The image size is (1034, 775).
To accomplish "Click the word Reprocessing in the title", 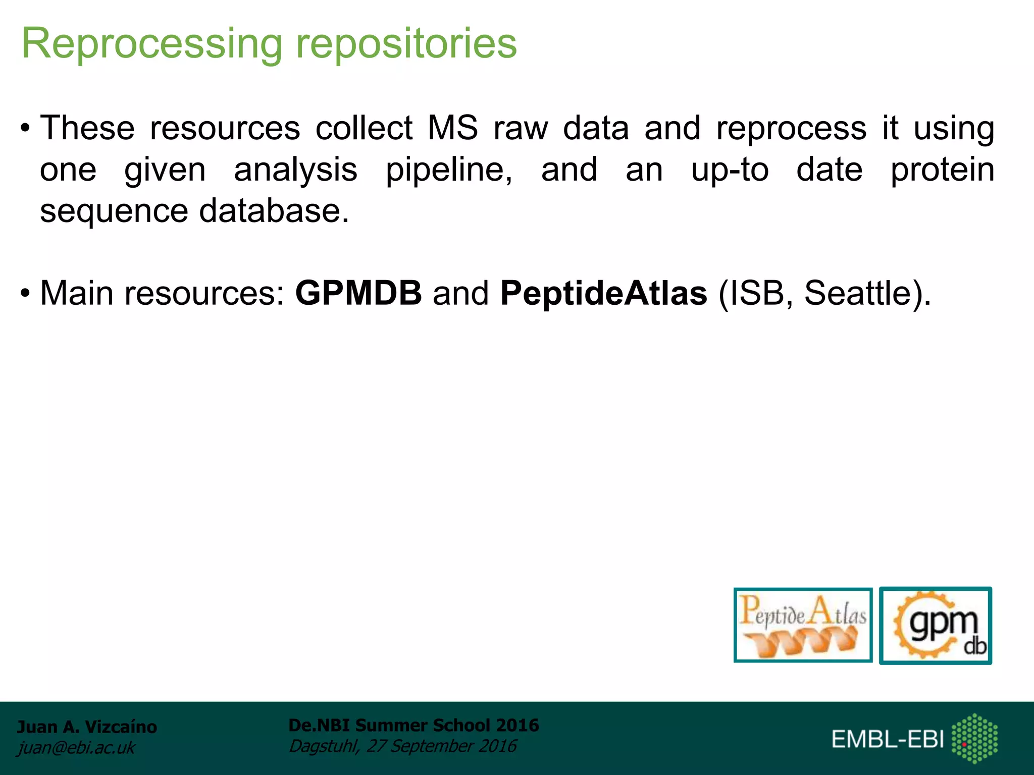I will [151, 44].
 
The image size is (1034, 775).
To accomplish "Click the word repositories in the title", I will [406, 44].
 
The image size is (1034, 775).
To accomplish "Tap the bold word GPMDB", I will [358, 293].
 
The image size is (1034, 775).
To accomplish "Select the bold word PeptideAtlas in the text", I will [603, 293].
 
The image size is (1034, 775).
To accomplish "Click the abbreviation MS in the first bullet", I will [452, 128].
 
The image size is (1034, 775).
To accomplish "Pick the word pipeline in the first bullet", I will [449, 171].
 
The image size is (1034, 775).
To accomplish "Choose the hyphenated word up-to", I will [730, 170].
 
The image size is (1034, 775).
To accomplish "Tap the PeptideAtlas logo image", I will [803, 625].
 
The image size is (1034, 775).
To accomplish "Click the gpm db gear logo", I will [936, 626].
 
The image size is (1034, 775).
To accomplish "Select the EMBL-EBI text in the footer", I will [887, 739].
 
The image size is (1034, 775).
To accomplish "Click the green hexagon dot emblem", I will [974, 738].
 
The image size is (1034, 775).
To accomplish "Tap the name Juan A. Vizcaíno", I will [87, 727].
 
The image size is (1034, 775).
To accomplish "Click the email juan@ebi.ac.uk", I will [76, 748].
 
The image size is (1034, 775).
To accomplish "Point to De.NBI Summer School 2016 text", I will [413, 725].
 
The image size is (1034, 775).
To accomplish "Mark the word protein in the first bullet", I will [942, 171].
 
